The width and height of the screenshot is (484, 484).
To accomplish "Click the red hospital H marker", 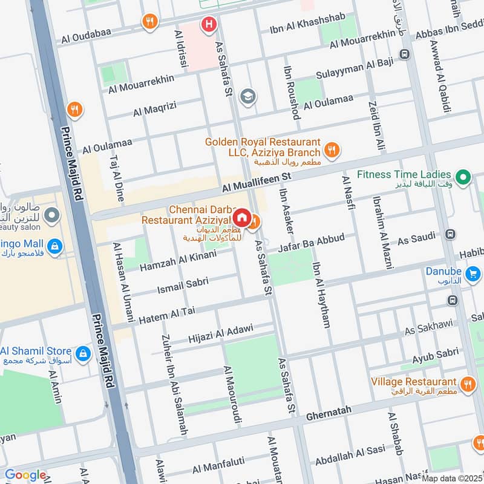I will pos(209,25).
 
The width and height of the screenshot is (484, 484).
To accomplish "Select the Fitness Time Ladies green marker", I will pos(463,177).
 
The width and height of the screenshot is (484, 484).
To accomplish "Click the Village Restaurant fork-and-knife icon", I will pos(468,383).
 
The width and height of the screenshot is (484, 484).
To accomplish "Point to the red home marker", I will pos(241,217).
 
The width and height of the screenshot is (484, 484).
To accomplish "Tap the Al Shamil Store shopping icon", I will pos(82,352).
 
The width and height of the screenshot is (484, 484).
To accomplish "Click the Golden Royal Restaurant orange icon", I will pos(332,149).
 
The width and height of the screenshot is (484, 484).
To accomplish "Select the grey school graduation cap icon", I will pos(247,96).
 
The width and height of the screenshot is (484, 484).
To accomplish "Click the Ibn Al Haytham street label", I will pos(321,294).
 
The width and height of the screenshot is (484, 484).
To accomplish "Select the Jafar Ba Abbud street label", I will pos(312,243).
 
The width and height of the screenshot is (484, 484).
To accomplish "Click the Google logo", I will pos(25,475).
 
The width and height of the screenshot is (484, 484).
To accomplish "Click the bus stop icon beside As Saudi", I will pos(450,234).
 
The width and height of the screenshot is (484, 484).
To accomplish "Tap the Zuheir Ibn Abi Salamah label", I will pos(174,384).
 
